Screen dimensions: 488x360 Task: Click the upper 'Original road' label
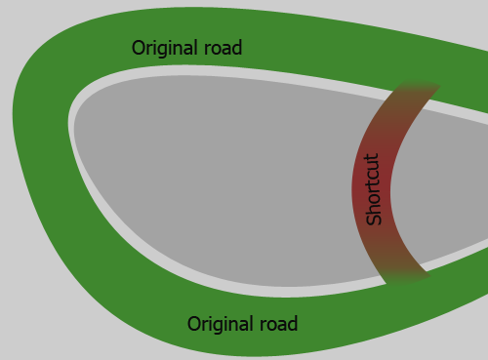click(186, 47)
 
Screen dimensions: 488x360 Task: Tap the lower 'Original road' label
click(242, 323)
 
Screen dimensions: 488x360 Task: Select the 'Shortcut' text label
click(373, 189)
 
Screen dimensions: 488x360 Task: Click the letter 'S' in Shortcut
click(373, 219)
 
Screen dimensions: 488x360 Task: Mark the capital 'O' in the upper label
click(139, 47)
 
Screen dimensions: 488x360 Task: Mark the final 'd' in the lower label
click(293, 323)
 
